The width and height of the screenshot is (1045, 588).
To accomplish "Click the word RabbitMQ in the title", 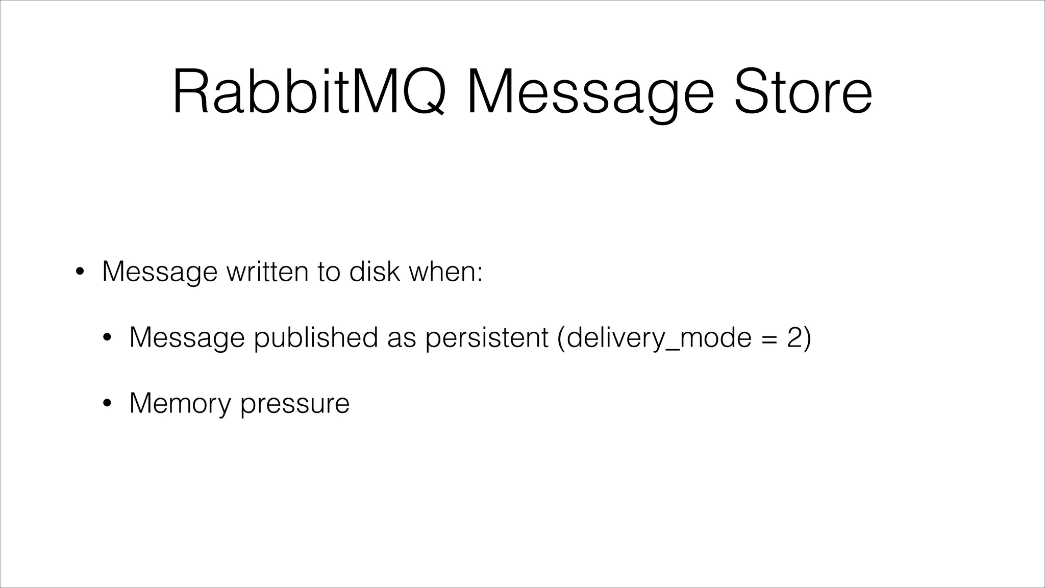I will click(x=309, y=92).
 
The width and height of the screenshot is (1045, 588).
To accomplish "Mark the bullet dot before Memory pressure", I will click(x=107, y=404).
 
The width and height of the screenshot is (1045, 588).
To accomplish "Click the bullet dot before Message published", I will click(x=107, y=338).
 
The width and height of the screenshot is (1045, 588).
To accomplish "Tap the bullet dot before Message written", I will click(x=80, y=272).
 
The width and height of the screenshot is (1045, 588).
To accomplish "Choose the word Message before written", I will click(x=160, y=272).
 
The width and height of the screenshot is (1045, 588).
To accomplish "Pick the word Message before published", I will click(x=187, y=338).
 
